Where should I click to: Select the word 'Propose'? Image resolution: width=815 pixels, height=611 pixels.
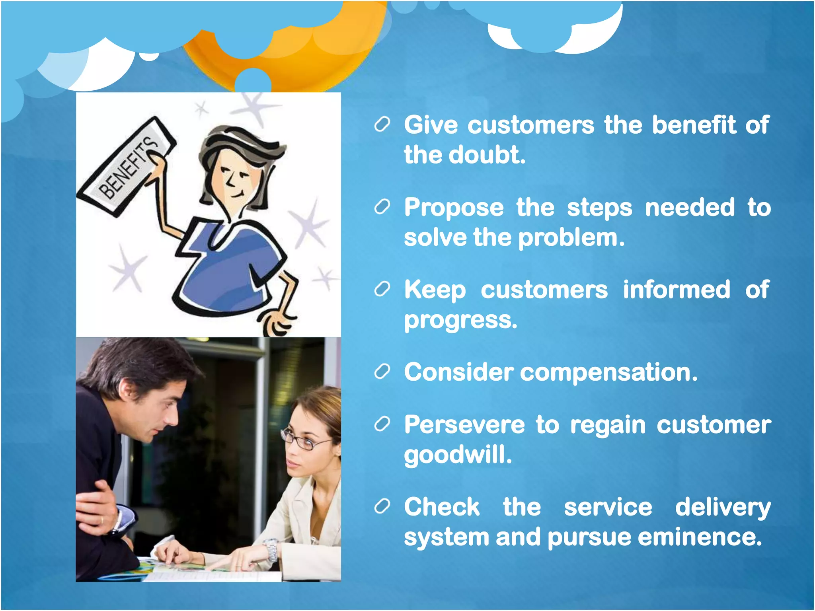(454, 208)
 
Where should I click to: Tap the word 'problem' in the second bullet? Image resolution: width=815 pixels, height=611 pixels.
(571, 238)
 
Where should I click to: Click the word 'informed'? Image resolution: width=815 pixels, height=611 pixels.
(677, 290)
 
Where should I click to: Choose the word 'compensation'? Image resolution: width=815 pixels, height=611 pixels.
(608, 373)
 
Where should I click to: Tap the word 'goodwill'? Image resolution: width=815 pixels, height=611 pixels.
(458, 455)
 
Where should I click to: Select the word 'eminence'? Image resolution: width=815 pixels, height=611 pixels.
(700, 537)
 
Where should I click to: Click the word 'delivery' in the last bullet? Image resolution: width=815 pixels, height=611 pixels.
(723, 508)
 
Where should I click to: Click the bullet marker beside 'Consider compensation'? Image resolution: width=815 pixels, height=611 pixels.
(382, 372)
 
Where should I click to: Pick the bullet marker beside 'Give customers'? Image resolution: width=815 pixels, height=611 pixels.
(382, 125)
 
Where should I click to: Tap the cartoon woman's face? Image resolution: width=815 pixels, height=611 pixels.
(235, 179)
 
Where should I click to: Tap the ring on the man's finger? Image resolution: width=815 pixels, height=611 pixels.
(102, 520)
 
